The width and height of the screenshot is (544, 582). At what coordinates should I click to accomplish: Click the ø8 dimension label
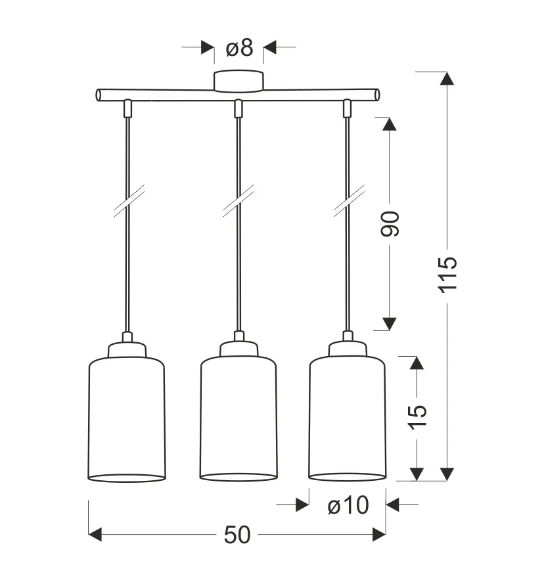pos(238,47)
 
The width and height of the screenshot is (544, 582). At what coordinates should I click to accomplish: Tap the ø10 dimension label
pos(348,505)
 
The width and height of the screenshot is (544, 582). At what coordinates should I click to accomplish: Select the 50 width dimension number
pos(237,535)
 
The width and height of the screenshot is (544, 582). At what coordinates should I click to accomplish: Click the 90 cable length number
pos(390,224)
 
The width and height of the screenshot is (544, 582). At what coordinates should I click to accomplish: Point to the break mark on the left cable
pos(128,200)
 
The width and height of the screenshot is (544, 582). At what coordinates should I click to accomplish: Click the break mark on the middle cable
pos(238,200)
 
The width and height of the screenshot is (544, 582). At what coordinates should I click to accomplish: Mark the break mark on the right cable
pos(348,200)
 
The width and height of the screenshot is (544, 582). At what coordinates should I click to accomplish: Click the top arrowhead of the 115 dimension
pos(447,78)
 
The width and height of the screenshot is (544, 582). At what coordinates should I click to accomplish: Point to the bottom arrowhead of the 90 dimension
pos(390,323)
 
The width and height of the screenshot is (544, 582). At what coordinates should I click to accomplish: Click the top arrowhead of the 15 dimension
pos(417,363)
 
